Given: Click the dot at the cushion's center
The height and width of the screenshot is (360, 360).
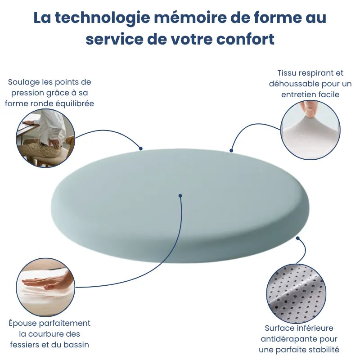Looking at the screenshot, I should point(180,196).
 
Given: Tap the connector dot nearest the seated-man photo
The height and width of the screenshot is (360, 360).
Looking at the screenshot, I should point(141,148).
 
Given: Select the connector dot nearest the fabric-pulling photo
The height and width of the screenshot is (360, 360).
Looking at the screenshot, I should point(231,150).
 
